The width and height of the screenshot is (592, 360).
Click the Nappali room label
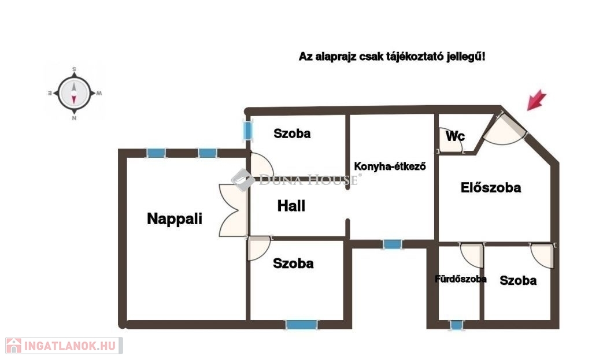point(175,219)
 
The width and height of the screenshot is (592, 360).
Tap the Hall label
point(291,206)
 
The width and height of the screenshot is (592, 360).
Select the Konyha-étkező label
point(390,167)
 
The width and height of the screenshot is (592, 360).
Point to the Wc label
point(455,136)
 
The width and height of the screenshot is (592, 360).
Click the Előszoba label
point(491,187)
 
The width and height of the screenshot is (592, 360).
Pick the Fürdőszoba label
point(460,279)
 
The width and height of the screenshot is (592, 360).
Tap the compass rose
point(74,93)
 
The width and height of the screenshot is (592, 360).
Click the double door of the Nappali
point(233,210)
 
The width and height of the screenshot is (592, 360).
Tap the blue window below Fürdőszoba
point(457,325)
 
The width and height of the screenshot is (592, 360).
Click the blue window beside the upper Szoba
point(247,130)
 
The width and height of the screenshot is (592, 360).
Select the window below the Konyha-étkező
point(393,244)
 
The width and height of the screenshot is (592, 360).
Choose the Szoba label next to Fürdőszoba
point(518,281)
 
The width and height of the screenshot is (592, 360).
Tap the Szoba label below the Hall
point(293,263)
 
